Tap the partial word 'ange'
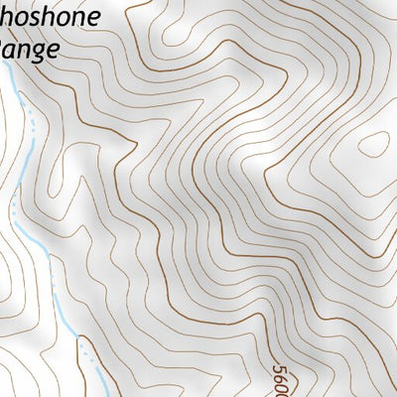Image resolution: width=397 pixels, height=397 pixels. tap(31, 50)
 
